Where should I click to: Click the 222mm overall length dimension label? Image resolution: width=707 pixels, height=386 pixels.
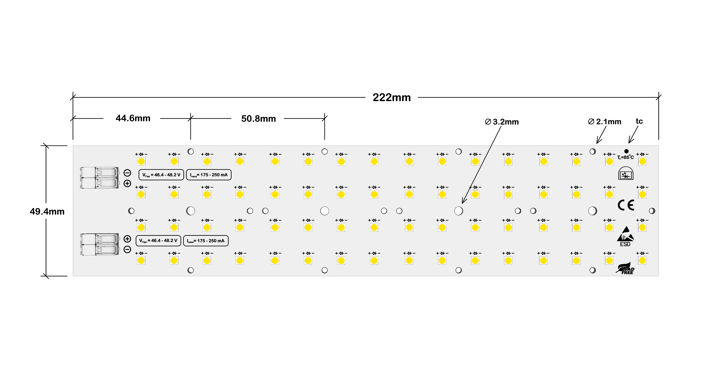[x=392, y=97]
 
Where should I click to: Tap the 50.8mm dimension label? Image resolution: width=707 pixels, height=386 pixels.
[x=259, y=119]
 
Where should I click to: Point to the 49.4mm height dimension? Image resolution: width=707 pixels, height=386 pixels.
[x=47, y=211]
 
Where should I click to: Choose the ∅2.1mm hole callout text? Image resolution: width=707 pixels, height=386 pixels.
[x=605, y=122]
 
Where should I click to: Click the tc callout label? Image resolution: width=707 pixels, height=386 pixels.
[x=639, y=121]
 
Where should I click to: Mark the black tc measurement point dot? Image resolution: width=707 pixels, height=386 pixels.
[x=626, y=151]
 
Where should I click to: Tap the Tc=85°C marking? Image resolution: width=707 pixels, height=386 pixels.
[x=625, y=157]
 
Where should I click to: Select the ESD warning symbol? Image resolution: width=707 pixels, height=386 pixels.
[x=625, y=236]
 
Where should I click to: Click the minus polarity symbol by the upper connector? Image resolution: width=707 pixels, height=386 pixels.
[x=127, y=173]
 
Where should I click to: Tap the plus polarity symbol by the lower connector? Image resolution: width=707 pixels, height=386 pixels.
[x=127, y=239]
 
